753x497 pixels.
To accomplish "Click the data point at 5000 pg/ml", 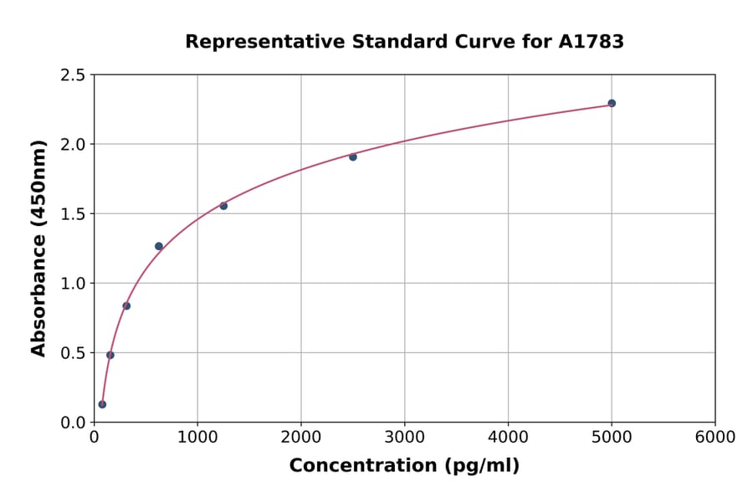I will coord(612,103).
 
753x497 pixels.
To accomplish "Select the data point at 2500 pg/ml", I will coord(353,156).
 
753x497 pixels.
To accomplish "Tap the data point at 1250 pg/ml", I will coord(223,206).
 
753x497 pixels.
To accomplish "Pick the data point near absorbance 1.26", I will coord(159,246).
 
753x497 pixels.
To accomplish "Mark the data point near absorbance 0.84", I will coord(126,305).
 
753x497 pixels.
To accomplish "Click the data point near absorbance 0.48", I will coord(110,355).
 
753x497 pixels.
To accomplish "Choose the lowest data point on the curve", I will coord(102,404).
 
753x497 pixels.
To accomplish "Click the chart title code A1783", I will coord(591,42).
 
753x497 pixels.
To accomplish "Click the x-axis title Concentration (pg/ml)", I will coord(404,466).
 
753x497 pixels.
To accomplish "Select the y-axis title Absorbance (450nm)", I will coord(38,248).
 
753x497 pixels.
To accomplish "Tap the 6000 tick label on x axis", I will coord(715,438).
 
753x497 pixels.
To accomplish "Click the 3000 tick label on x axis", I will coord(404,438).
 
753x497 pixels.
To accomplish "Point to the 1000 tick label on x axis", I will coord(197,438).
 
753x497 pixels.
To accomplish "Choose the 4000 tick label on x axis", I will coord(508,438).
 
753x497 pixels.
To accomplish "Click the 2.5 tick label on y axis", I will coord(72,75).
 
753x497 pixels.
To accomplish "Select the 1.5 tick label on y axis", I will coord(72,214).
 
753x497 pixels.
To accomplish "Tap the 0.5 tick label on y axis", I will coord(72,353).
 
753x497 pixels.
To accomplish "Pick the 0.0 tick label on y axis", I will coord(72,423).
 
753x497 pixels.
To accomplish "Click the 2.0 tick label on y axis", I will coord(72,145).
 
